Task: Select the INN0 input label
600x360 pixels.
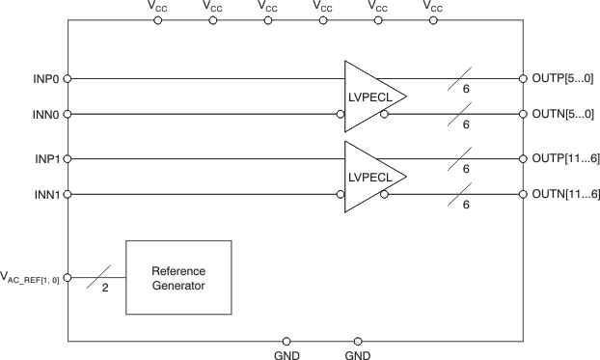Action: tap(45, 114)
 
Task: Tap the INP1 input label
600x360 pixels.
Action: tap(45, 158)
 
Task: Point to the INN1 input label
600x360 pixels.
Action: tap(45, 194)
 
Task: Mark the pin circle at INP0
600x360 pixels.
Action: tap(68, 78)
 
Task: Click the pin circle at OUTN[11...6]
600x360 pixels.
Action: tap(522, 194)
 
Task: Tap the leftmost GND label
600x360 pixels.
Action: tap(286, 354)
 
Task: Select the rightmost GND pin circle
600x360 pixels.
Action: tap(358, 341)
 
